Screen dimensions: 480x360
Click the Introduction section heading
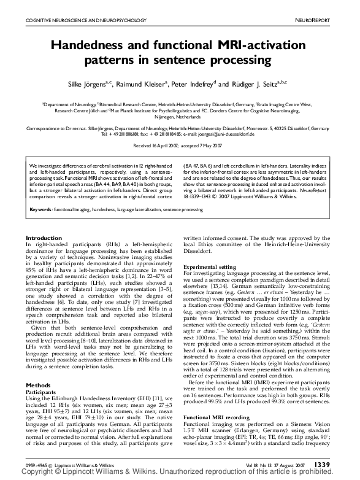(44, 220)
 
